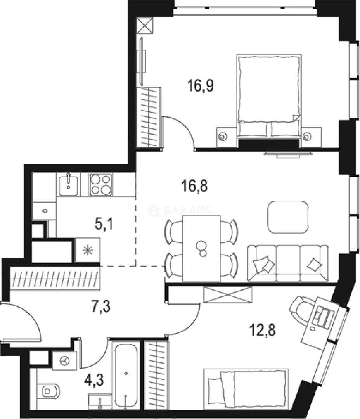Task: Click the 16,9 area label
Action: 201,86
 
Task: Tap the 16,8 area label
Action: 195,186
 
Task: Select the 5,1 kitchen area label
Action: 104,224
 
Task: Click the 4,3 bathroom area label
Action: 94,380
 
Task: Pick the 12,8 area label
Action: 263,330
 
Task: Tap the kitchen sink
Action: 68,185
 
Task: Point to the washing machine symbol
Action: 65,361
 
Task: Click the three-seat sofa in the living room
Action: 288,263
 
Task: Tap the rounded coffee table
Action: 288,217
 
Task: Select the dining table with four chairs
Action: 201,248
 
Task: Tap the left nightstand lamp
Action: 222,137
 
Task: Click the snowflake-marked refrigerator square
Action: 88,250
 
